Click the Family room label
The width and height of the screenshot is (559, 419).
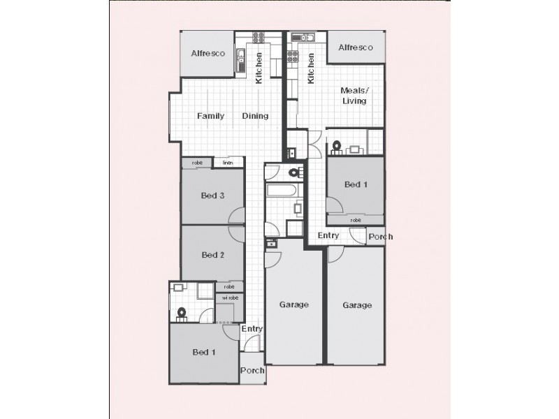(210, 116)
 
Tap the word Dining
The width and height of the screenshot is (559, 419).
(255, 116)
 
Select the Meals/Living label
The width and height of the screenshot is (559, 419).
(354, 96)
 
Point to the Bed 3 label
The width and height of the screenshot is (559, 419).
(212, 196)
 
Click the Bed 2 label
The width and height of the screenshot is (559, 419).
(212, 255)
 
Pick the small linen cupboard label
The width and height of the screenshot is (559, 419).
(228, 163)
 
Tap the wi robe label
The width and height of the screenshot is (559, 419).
(229, 297)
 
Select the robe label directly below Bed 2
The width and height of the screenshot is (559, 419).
(229, 286)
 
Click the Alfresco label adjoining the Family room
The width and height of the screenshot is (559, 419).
(207, 53)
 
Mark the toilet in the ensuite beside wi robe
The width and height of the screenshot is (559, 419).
(183, 313)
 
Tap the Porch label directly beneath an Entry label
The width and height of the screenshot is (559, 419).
(252, 370)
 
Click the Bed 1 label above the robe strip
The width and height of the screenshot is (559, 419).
(356, 184)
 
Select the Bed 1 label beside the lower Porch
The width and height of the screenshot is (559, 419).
(203, 352)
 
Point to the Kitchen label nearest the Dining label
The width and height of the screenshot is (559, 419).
(259, 70)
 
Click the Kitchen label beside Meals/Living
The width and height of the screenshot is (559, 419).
(311, 70)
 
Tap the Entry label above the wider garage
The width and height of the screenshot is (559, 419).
(328, 236)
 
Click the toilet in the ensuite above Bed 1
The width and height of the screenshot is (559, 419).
(336, 147)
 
